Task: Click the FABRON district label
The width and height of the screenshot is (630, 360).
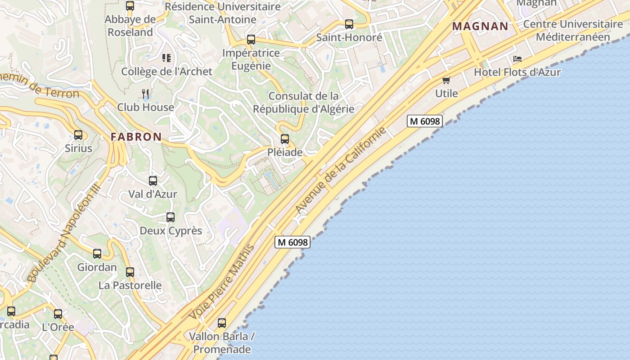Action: pyautogui.click(x=136, y=137)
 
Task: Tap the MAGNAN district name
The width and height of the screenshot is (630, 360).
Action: pyautogui.click(x=480, y=26)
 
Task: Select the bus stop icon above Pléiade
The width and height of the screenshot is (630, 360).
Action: pyautogui.click(x=285, y=139)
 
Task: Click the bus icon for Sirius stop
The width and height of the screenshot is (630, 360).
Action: pyautogui.click(x=78, y=135)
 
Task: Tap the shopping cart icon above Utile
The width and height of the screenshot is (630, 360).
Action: pyautogui.click(x=446, y=80)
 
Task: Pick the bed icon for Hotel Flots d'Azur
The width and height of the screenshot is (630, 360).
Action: pyautogui.click(x=517, y=59)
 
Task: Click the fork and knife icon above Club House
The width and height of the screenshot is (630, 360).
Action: pyautogui.click(x=145, y=94)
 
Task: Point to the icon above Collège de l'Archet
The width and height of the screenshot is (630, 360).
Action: pyautogui.click(x=166, y=58)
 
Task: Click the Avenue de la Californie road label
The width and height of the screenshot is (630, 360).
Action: pyautogui.click(x=341, y=171)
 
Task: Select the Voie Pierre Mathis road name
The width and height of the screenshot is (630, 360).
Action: pyautogui.click(x=222, y=282)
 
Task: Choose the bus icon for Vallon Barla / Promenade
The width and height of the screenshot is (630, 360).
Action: pyautogui.click(x=222, y=323)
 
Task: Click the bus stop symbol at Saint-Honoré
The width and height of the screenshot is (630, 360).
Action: pyautogui.click(x=349, y=24)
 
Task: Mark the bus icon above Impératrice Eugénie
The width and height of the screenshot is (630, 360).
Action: pyautogui.click(x=251, y=40)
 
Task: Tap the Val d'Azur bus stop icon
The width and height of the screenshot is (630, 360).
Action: pyautogui.click(x=153, y=181)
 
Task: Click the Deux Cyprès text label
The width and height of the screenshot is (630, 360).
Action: pyautogui.click(x=171, y=231)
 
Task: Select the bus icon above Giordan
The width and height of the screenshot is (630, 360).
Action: pyautogui.click(x=97, y=254)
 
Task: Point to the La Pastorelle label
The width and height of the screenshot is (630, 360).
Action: pyautogui.click(x=130, y=285)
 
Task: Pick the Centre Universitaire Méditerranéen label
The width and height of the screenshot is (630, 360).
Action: pyautogui.click(x=573, y=30)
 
